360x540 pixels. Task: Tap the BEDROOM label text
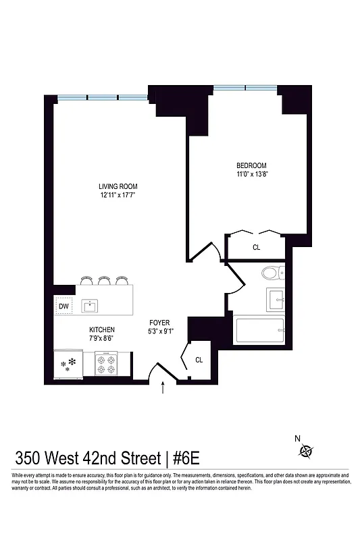tap(251, 166)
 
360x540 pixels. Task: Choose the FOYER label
tap(159, 323)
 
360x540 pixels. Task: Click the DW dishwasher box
tap(64, 306)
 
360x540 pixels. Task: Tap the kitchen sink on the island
tap(90, 306)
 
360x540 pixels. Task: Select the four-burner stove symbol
tap(105, 365)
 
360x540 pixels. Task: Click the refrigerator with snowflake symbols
tap(68, 365)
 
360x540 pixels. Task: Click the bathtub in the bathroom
tap(259, 331)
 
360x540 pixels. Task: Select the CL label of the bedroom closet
tap(256, 248)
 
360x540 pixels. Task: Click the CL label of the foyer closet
tap(199, 360)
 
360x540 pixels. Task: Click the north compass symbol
tap(308, 452)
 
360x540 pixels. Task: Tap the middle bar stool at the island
tap(103, 280)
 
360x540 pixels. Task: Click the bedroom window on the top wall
tap(245, 87)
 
